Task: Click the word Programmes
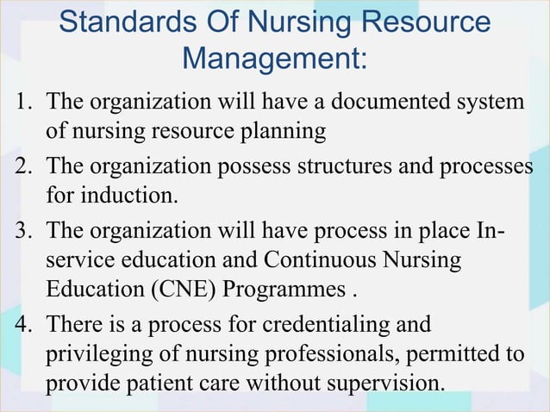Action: (x=286, y=288)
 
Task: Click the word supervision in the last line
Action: (x=385, y=381)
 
